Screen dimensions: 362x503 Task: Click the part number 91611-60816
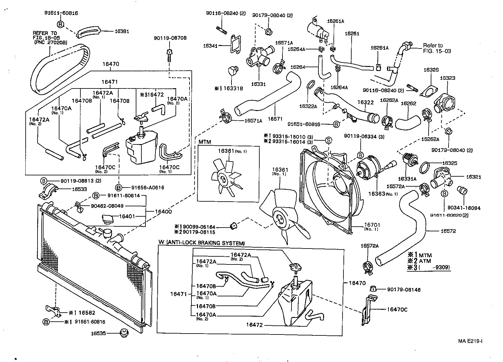coord(61,13)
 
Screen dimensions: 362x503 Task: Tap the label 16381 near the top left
coord(122,31)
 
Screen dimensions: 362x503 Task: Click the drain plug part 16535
coord(124,333)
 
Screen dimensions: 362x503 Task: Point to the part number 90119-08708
coord(170,38)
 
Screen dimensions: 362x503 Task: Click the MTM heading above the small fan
coord(205,142)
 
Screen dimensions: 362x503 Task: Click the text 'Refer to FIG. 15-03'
coord(437,48)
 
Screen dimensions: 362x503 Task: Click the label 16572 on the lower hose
coord(448,231)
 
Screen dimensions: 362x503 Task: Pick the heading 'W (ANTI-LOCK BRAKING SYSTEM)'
coord(201,243)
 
